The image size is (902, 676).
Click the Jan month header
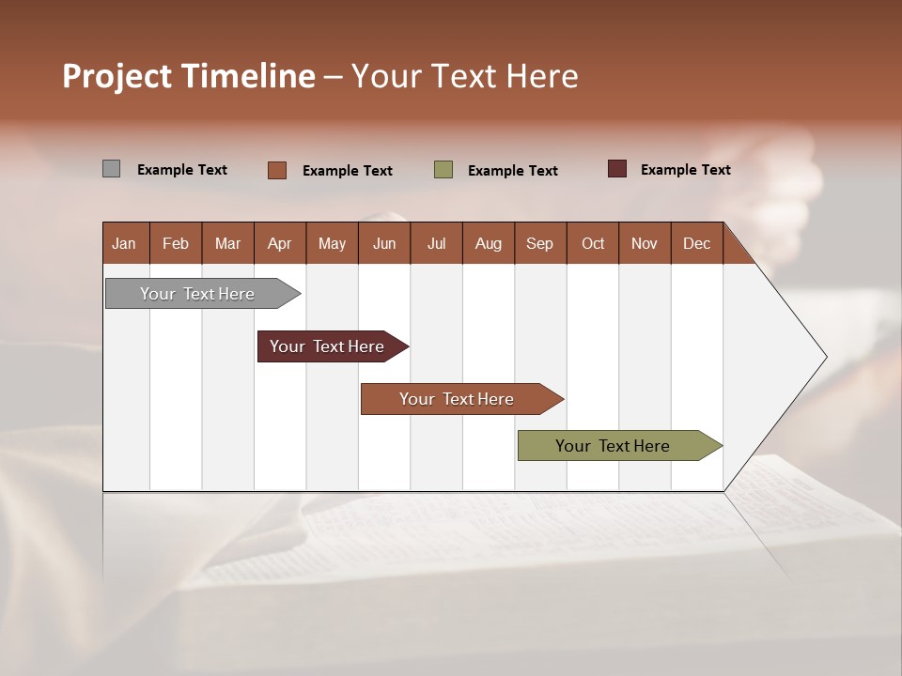point(124,243)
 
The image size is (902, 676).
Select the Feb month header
point(176,243)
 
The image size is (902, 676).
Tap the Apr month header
point(279,243)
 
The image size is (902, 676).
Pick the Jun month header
point(384,243)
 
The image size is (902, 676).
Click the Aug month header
point(488,243)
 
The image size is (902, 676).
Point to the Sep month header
point(539,243)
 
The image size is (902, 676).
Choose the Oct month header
point(593,243)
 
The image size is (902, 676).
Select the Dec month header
point(696,243)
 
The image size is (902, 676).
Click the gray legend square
point(111,169)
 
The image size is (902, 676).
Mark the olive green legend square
point(443,169)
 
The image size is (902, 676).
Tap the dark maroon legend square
point(616,169)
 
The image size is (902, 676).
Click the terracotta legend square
point(277,170)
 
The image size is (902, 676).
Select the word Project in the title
point(117,76)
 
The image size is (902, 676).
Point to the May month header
point(332,243)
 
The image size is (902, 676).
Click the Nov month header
point(645,243)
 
